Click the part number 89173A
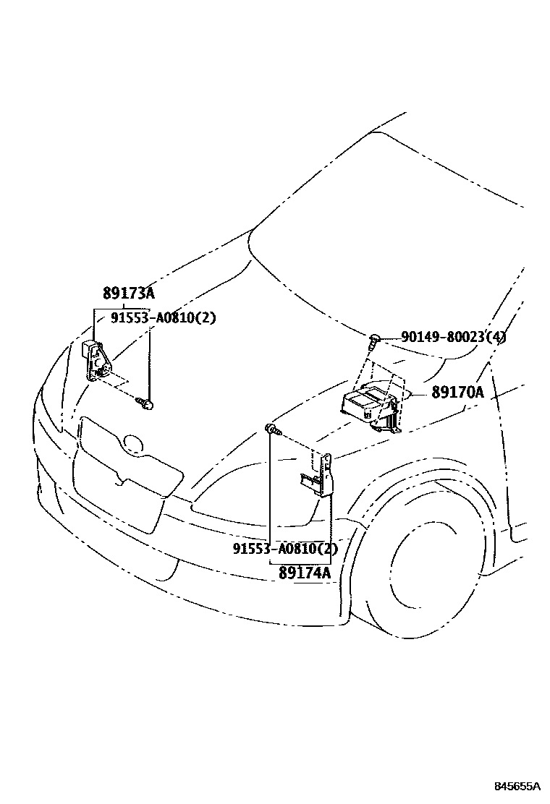pos(129,294)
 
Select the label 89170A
pos(457,393)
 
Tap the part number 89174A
pos(304,573)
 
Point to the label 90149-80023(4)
pos(454,337)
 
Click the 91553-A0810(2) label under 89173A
pos(164,317)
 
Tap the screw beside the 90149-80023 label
pos(374,338)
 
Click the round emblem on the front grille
pos(132,443)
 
